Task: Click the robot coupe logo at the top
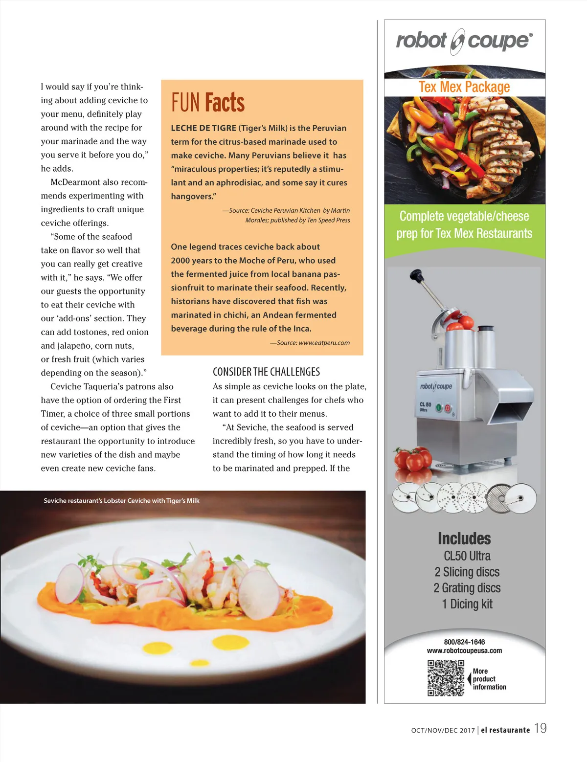[464, 41]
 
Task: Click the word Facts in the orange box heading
[225, 103]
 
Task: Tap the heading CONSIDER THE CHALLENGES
[266, 372]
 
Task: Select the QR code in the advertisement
[446, 677]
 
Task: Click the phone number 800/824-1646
[464, 642]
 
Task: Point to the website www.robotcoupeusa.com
[464, 650]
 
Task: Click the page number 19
[540, 728]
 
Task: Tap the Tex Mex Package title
[464, 87]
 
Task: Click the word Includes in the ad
[464, 538]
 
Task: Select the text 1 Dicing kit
[467, 604]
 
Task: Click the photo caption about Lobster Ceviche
[121, 501]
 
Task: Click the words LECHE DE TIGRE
[203, 128]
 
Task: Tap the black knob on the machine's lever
[416, 275]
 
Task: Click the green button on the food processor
[439, 407]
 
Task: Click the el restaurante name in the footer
[505, 730]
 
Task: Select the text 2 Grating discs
[467, 588]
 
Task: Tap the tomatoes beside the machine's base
[412, 459]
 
